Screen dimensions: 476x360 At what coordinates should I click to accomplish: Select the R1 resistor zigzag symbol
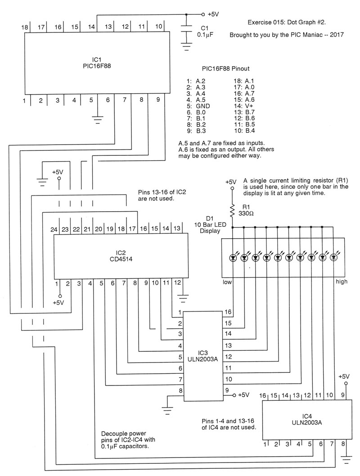click(x=233, y=210)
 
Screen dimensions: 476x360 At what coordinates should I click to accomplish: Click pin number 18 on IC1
click(x=25, y=27)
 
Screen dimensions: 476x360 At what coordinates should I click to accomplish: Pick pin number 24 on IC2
click(x=54, y=229)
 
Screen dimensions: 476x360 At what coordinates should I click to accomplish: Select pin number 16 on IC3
click(x=228, y=312)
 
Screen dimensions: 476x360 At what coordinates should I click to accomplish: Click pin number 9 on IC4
click(x=343, y=395)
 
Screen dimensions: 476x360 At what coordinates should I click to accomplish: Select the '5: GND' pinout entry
click(x=198, y=106)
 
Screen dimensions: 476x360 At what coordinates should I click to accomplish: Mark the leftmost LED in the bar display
click(x=233, y=258)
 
